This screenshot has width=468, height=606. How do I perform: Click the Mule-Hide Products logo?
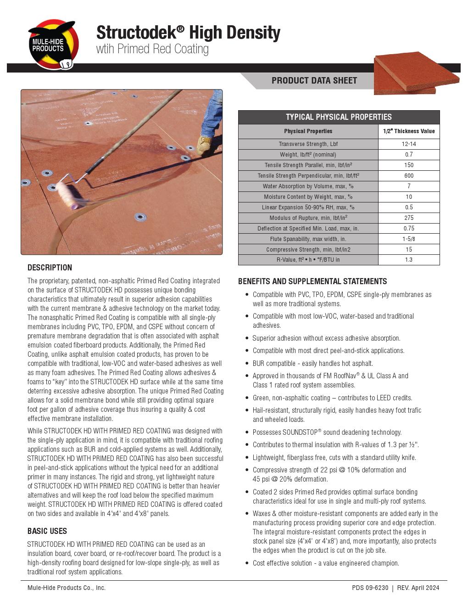pyautogui.click(x=53, y=45)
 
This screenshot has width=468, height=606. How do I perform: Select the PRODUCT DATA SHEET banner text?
pyautogui.click(x=314, y=81)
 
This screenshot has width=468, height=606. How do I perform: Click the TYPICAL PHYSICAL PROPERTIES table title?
pyautogui.click(x=339, y=117)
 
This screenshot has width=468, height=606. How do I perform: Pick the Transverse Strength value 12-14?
pyautogui.click(x=408, y=144)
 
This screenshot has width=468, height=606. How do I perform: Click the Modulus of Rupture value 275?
pyautogui.click(x=408, y=218)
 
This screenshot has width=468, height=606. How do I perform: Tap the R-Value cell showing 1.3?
pyautogui.click(x=408, y=260)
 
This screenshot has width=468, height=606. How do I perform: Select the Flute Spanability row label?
pyautogui.click(x=308, y=239)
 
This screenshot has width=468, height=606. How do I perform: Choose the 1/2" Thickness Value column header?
pyautogui.click(x=408, y=131)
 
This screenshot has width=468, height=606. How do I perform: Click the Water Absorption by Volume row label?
pyautogui.click(x=308, y=186)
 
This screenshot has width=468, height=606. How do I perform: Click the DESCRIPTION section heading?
pyautogui.click(x=50, y=268)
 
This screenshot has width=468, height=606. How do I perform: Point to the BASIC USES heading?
pyautogui.click(x=47, y=531)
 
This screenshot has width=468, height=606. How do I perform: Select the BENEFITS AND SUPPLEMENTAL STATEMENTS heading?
pyautogui.click(x=312, y=281)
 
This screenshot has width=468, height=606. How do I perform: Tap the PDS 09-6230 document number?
pyautogui.click(x=370, y=588)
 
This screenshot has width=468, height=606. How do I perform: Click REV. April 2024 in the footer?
pyautogui.click(x=418, y=588)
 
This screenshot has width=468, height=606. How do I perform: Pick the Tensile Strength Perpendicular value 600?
pyautogui.click(x=408, y=176)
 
